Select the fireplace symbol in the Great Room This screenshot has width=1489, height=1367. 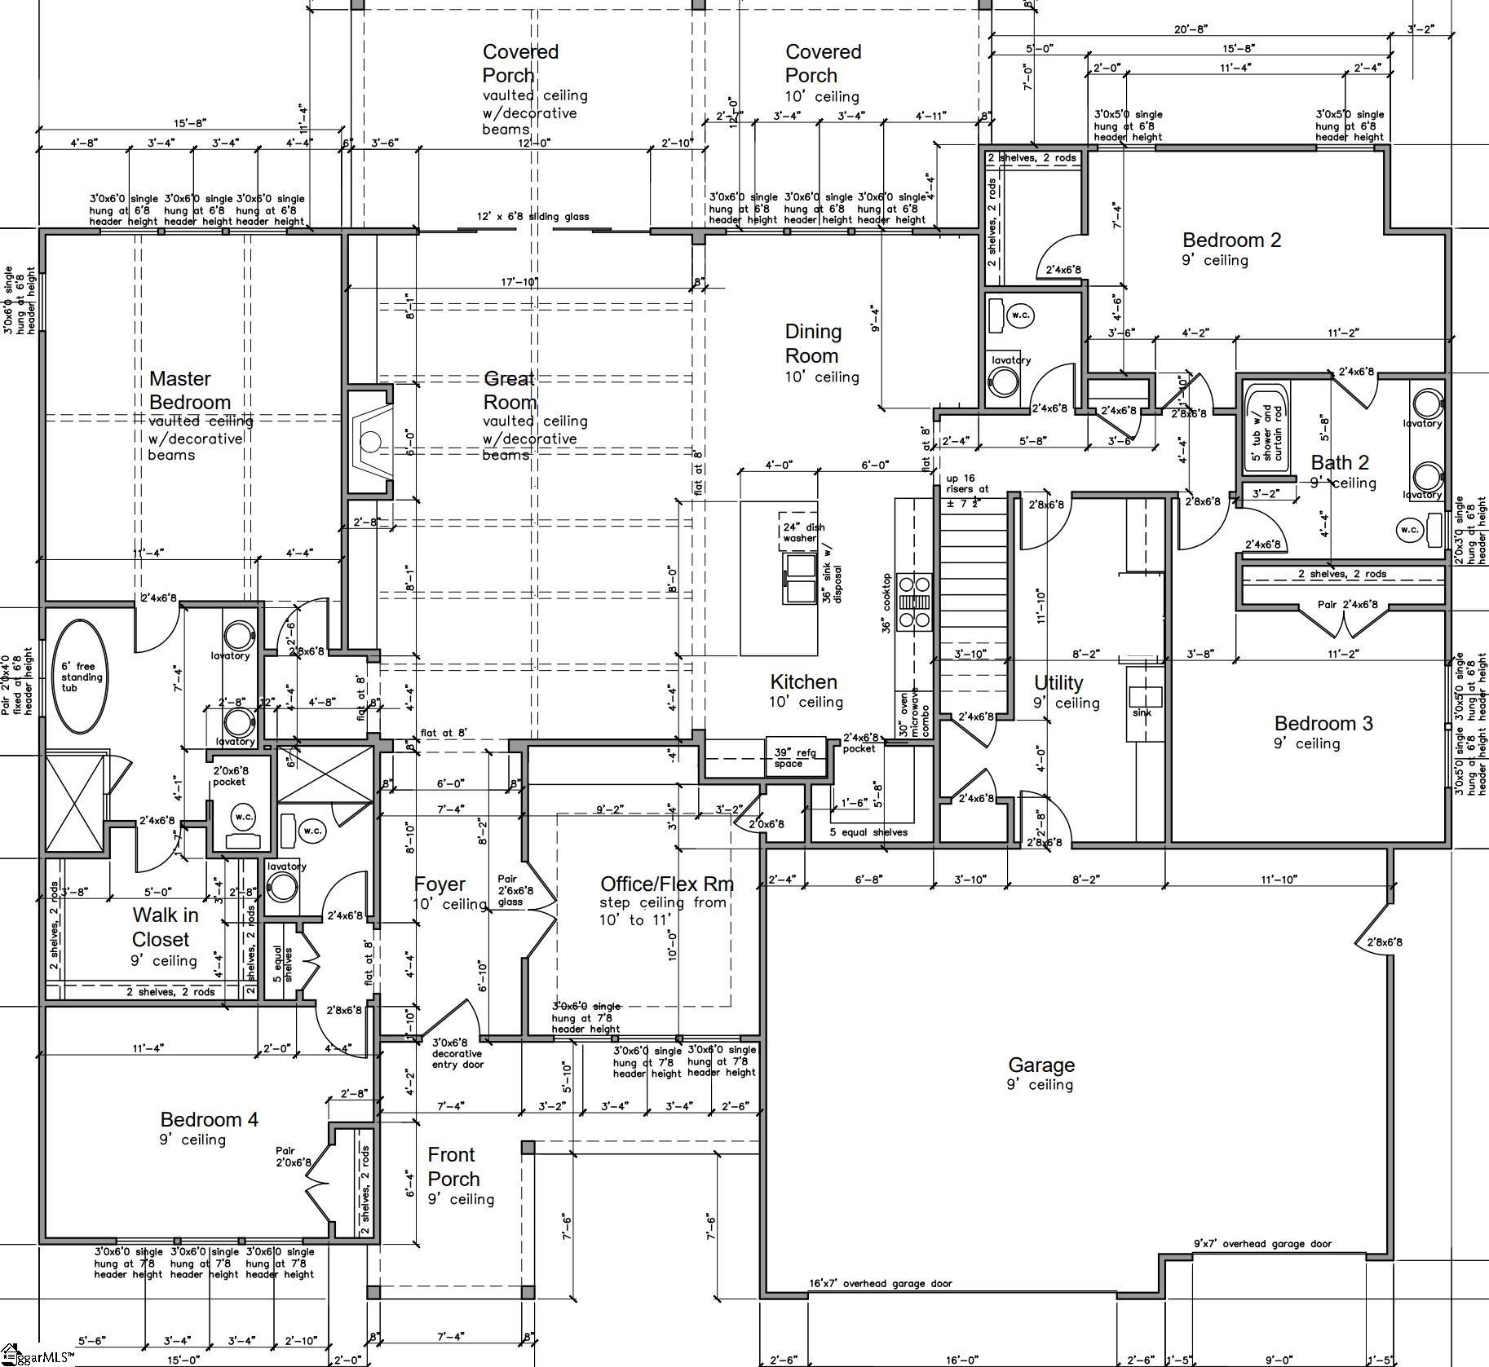pos(370,441)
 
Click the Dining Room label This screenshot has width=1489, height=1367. pos(812,343)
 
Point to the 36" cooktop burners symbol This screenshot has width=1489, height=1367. pos(914,602)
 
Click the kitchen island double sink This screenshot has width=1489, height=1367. pos(800,579)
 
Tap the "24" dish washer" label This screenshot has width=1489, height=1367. pos(799,532)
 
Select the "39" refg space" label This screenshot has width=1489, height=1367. pos(789,758)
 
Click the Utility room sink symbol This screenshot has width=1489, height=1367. pos(1145,696)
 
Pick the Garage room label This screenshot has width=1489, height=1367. pos(1041,1065)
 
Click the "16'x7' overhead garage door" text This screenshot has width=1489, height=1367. pos(880,1283)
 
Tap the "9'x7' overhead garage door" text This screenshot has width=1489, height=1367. pos(1262,1243)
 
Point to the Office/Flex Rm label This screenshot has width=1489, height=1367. pos(666,884)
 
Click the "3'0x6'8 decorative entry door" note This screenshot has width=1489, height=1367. pos(457,1053)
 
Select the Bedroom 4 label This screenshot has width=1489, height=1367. pos(209,1119)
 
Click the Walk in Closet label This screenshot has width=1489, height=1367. pos(165,927)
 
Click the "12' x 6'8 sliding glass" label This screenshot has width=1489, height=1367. pos(532,217)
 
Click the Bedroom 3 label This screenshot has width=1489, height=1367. pos(1323,723)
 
